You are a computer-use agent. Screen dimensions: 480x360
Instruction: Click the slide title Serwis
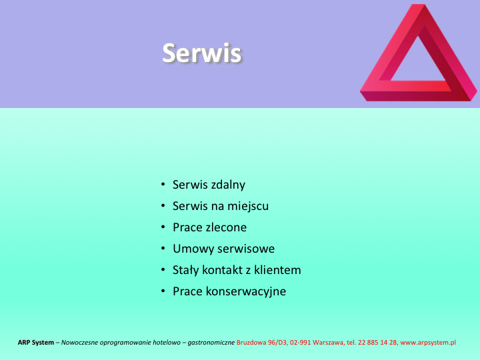point(202,53)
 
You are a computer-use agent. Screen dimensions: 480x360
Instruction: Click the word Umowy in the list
point(189,249)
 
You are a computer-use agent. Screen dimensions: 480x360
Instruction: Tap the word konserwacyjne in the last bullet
point(246,291)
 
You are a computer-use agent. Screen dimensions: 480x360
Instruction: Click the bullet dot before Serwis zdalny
point(163,184)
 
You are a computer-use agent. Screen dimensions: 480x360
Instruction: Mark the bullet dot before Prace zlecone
point(163,227)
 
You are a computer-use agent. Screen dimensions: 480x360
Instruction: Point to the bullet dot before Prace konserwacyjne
point(163,291)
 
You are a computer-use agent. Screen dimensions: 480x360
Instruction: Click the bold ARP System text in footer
point(36,342)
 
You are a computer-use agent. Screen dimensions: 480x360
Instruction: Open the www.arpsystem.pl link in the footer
point(428,343)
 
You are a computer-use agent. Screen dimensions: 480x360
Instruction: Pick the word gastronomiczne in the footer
point(211,343)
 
